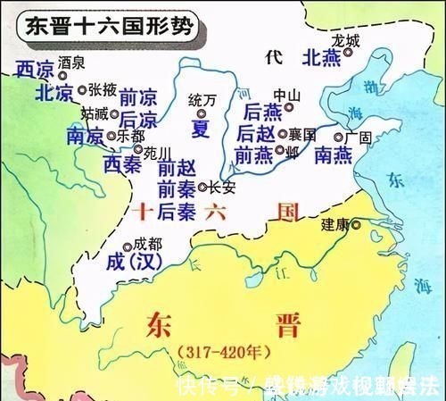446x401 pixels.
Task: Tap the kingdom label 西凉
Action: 36,70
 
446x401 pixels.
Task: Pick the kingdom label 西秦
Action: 122,163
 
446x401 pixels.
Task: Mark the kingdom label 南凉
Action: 85,138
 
